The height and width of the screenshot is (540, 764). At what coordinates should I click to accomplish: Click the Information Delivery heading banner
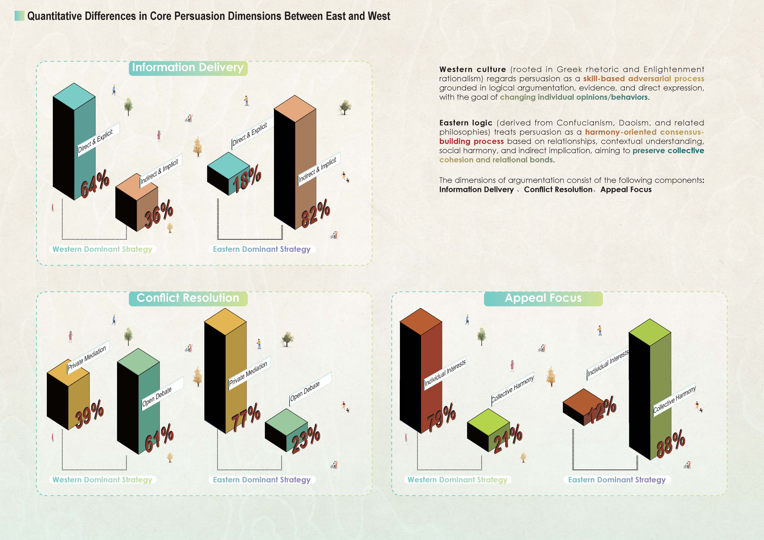tap(188, 68)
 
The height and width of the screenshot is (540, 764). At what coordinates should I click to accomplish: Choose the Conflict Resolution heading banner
tap(188, 298)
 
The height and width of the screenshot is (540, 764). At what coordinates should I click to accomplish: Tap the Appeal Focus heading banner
tap(543, 298)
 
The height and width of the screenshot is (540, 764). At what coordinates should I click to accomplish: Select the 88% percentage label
tap(671, 444)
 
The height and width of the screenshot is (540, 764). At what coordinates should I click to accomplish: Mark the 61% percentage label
tap(159, 438)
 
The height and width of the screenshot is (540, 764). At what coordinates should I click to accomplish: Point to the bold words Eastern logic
tap(466, 123)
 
